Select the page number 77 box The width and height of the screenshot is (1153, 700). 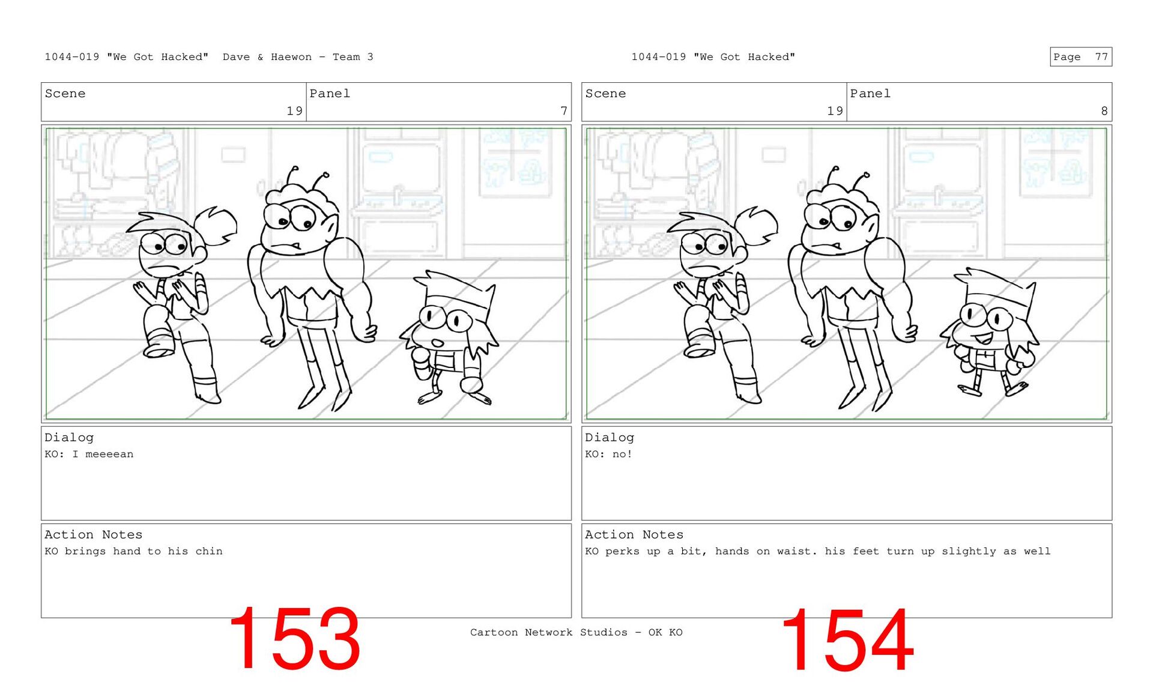point(1081,57)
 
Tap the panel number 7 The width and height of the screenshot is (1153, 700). point(564,111)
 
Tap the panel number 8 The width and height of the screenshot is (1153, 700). point(1104,111)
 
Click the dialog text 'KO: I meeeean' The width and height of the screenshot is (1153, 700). point(89,454)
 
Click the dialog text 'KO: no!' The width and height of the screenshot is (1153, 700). point(608,454)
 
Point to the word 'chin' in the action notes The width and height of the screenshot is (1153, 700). point(209,551)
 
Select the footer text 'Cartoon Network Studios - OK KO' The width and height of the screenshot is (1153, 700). point(576,632)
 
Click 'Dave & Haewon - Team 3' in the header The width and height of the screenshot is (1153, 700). point(298,57)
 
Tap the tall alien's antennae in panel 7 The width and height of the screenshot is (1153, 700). point(308,177)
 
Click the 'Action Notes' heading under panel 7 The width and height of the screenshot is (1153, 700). point(94,534)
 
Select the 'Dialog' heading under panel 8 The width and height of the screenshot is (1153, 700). point(610,438)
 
